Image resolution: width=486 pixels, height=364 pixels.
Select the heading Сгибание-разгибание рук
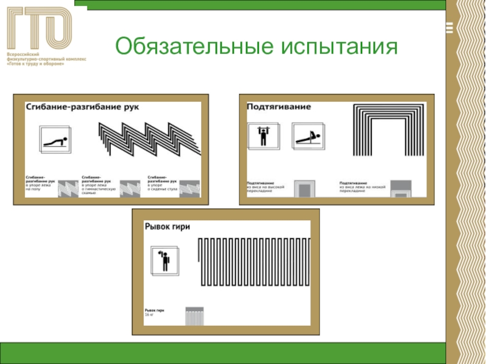(83, 107)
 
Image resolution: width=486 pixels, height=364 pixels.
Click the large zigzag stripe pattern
(149, 139)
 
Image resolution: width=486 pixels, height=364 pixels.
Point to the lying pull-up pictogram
(307, 137)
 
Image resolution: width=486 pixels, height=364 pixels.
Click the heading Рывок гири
(167, 227)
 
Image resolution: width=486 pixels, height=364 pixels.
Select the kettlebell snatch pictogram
(163, 261)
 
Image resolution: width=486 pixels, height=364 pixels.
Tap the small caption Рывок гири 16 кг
(154, 312)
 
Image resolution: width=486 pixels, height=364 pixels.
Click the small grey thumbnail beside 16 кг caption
(195, 315)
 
